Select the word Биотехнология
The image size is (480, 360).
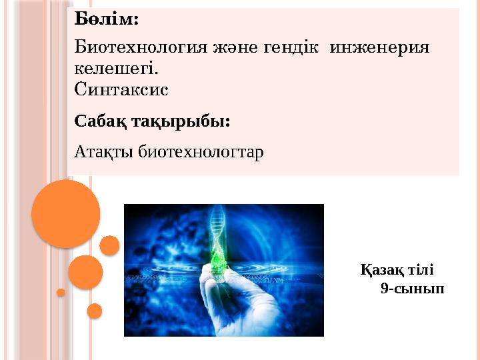point(141,48)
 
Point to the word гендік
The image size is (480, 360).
point(291,48)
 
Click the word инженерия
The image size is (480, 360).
point(379,48)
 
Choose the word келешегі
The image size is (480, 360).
point(117,69)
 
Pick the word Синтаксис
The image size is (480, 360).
point(121,90)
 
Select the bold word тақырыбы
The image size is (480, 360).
point(181,122)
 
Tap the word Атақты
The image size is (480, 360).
point(103,152)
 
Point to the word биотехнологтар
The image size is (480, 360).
point(201,152)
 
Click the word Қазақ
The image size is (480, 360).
point(382,270)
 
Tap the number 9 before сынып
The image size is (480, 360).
point(385,289)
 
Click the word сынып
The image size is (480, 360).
point(419,289)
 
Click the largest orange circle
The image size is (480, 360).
point(66,214)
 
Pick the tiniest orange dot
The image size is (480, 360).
point(61,293)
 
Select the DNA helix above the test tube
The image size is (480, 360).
point(219,227)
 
